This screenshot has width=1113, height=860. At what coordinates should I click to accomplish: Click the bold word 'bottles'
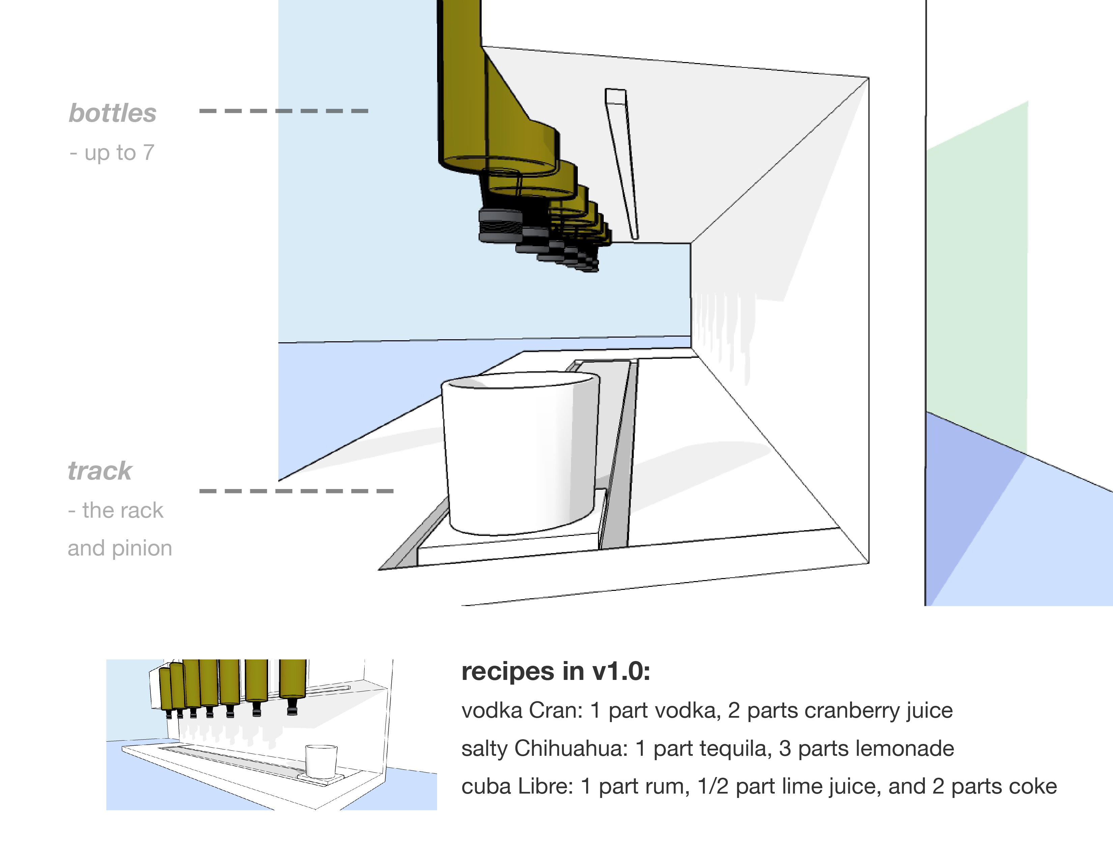tap(113, 113)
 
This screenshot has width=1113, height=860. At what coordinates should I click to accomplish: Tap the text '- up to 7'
tap(112, 152)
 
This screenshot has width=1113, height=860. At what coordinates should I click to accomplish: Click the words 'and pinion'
tap(120, 548)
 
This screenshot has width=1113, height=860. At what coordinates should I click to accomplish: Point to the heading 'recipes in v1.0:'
tap(555, 671)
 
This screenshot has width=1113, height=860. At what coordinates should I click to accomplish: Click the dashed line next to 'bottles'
tap(283, 111)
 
